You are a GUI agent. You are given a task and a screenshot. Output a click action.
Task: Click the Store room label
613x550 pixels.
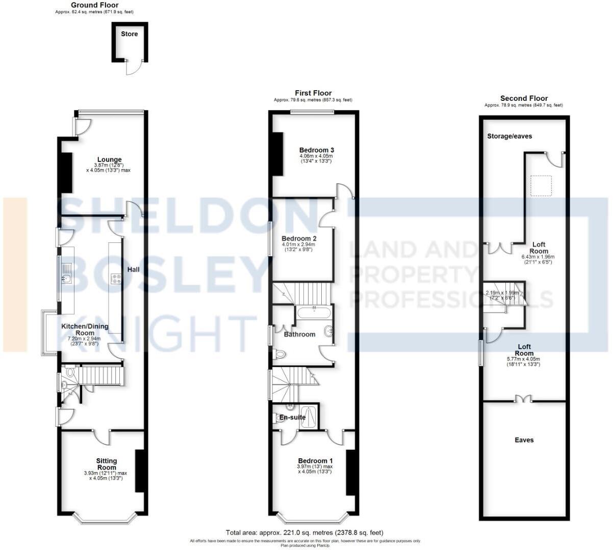129,34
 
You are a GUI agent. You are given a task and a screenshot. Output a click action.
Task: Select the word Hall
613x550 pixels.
134,269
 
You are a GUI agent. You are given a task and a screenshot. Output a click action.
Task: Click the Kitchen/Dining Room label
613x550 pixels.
85,329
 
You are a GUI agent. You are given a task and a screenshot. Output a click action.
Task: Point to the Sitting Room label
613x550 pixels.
107,464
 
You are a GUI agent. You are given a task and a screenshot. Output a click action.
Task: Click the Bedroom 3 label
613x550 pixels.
316,150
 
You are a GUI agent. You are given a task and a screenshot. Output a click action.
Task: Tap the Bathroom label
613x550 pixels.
300,335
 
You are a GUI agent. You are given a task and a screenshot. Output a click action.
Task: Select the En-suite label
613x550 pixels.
292,417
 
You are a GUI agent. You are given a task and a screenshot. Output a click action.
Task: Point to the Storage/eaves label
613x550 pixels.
509,136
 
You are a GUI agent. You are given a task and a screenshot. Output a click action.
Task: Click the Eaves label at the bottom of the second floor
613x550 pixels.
524,440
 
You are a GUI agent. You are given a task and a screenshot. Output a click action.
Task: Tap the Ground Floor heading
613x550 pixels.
94,5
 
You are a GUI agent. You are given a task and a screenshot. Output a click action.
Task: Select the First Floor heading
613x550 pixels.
313,93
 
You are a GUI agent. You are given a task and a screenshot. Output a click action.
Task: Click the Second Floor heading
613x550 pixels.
524,99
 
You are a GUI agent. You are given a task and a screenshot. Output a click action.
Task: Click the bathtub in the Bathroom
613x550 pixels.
314,312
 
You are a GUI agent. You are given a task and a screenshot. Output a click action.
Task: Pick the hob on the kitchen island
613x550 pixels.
115,279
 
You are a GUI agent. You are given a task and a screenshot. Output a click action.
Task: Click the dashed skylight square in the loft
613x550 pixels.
541,185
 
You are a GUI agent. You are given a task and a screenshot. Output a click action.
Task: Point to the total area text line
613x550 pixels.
304,533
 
